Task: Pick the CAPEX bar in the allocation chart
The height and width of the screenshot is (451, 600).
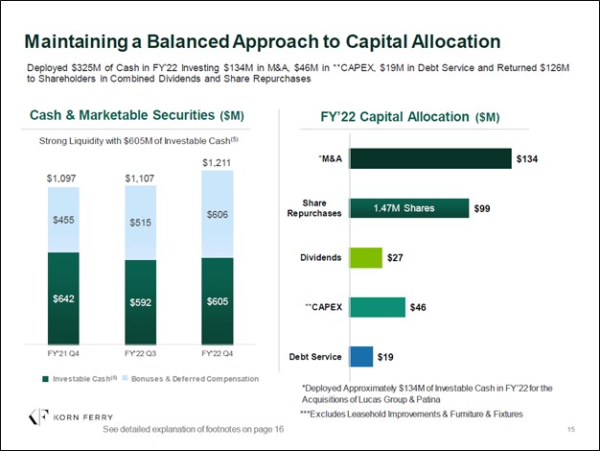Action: click(378, 307)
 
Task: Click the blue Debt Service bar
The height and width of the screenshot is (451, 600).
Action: click(361, 357)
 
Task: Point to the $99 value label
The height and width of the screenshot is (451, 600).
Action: click(482, 208)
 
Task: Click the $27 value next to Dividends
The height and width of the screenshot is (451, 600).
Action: click(395, 258)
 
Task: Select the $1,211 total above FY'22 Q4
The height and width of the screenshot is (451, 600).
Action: click(217, 163)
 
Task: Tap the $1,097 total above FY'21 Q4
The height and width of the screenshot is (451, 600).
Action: click(63, 178)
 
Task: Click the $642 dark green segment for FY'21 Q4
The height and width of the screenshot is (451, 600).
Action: click(63, 299)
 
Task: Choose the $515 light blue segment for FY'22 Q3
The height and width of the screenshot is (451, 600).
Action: click(140, 223)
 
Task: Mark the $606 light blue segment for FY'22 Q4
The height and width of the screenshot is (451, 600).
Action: click(217, 214)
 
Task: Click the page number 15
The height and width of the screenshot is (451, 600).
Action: click(571, 429)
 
